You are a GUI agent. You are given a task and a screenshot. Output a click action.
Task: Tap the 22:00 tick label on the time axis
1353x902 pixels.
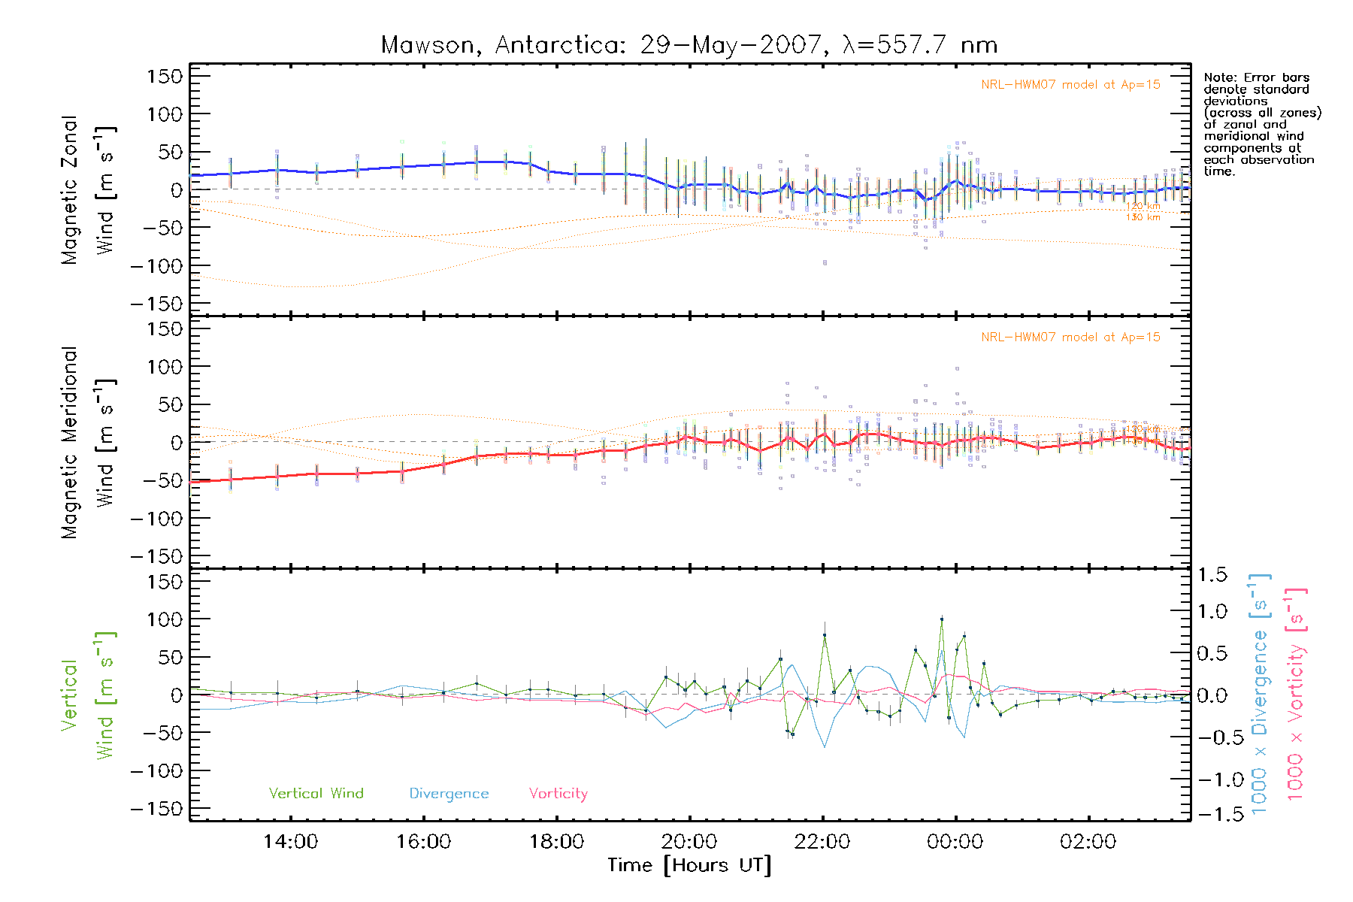pyautogui.click(x=822, y=842)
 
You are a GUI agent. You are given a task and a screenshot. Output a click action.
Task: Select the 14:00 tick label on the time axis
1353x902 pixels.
pyautogui.click(x=290, y=842)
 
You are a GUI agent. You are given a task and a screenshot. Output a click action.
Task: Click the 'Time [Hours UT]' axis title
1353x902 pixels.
pyautogui.click(x=689, y=865)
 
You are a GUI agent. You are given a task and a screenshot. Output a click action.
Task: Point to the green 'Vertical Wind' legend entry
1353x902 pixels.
pyautogui.click(x=316, y=794)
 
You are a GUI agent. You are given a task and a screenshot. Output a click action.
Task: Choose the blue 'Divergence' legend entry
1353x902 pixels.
pyautogui.click(x=449, y=794)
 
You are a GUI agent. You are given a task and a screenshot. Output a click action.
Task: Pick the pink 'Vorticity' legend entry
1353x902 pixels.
pyautogui.click(x=558, y=794)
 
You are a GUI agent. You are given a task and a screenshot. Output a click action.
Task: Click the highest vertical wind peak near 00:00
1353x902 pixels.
pyautogui.click(x=942, y=619)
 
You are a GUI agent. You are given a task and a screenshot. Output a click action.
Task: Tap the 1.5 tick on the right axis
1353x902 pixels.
pyautogui.click(x=1212, y=575)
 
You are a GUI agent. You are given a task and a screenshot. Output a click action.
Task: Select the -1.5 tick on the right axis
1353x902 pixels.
pyautogui.click(x=1212, y=814)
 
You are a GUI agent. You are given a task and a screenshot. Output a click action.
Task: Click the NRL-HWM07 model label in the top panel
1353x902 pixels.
pyautogui.click(x=1070, y=85)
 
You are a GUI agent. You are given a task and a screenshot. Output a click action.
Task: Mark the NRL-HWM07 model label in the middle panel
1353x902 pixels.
pyautogui.click(x=1070, y=337)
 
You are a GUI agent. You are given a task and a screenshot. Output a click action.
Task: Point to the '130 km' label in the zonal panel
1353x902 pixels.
pyautogui.click(x=1143, y=218)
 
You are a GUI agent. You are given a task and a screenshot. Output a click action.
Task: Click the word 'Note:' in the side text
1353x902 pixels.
pyautogui.click(x=1221, y=77)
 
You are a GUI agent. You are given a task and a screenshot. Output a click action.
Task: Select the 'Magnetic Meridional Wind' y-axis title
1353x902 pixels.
pyautogui.click(x=88, y=443)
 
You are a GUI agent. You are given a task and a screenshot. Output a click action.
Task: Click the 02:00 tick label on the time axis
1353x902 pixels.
pyautogui.click(x=1088, y=842)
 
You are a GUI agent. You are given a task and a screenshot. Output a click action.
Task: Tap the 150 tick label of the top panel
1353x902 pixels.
pyautogui.click(x=165, y=77)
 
